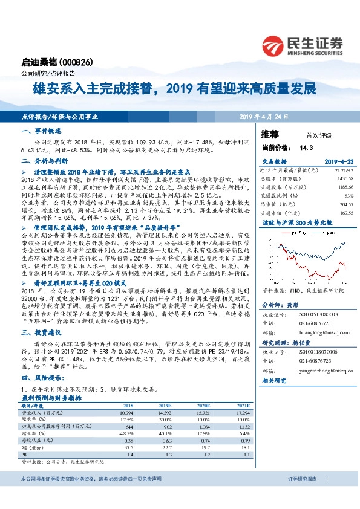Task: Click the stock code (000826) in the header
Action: (x=78, y=62)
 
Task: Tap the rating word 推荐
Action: (x=270, y=134)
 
